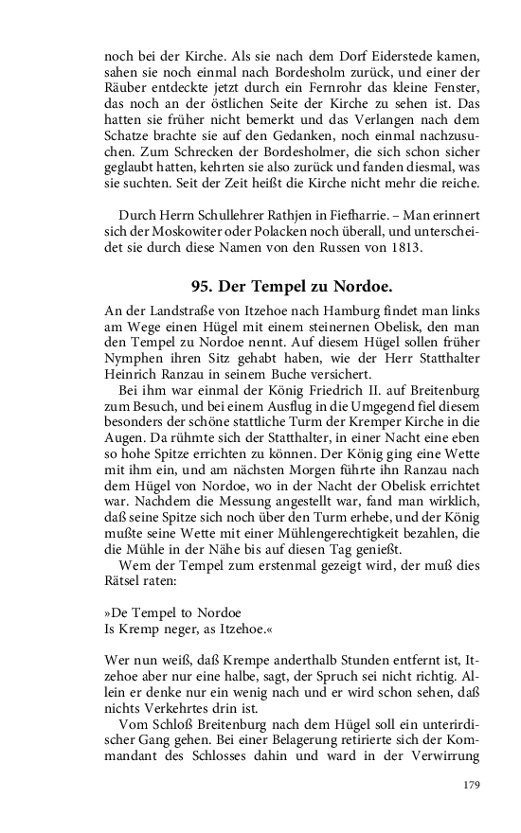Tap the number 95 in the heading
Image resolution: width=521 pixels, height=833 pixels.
tap(201, 286)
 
